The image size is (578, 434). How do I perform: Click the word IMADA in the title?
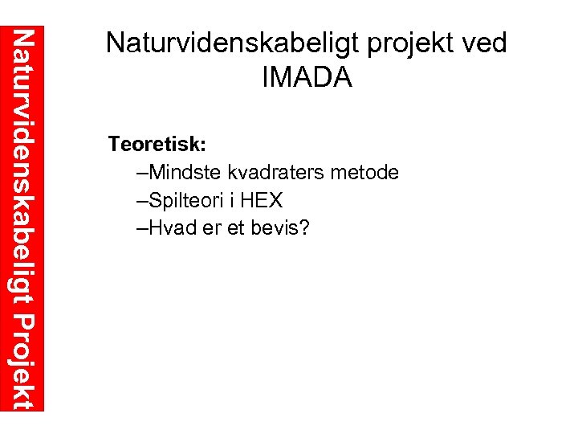coord(307,77)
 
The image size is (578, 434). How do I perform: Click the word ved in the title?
coord(485,43)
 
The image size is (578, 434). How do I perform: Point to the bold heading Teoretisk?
coord(158,145)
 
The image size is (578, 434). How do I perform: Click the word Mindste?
coord(186,172)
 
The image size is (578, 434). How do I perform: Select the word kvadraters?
coord(275,172)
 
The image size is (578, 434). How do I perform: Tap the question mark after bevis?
coord(304,227)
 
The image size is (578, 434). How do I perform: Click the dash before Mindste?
coord(143,173)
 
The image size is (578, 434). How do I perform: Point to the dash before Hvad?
coord(143,228)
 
